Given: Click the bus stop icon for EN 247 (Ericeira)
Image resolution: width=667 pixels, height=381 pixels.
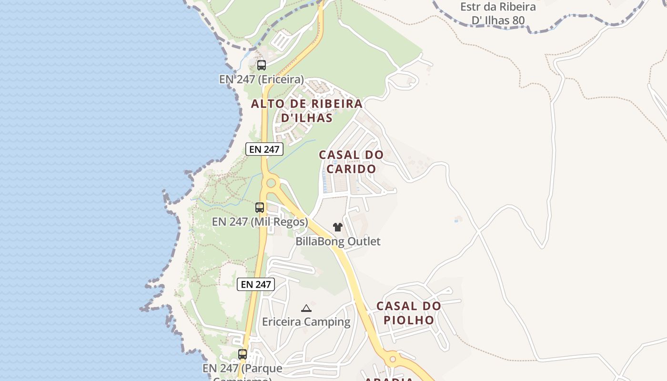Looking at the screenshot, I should tap(261, 65).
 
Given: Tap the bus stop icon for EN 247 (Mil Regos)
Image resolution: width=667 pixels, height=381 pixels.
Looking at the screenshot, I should tap(259, 208).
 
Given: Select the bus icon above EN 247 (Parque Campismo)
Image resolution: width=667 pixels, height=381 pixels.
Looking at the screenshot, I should tap(243, 354).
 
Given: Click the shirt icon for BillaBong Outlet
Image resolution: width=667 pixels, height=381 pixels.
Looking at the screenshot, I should tap(338, 227).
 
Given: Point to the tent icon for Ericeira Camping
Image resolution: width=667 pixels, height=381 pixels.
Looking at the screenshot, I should tap(306, 308).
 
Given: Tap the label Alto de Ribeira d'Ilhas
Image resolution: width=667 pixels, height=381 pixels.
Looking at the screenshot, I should tap(307, 110).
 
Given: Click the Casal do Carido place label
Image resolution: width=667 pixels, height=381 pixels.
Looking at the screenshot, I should tap(351, 161).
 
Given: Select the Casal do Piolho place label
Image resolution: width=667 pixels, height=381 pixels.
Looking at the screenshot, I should tap(409, 312).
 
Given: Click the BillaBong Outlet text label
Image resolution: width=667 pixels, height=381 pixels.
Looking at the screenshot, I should tap(338, 241).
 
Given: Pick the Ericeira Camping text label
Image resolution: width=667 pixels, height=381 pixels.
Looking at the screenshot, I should tap(306, 322).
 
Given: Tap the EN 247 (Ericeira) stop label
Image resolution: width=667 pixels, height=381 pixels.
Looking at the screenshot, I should tap(261, 79).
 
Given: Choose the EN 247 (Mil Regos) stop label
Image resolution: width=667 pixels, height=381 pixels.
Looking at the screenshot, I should tap(260, 222).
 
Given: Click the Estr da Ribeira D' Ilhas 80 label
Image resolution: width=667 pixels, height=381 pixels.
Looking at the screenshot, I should tap(498, 14).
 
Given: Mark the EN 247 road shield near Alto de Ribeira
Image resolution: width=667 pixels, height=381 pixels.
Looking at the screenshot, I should tap(264, 149).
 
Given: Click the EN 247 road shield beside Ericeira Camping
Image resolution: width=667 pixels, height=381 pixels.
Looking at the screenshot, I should tap(256, 284).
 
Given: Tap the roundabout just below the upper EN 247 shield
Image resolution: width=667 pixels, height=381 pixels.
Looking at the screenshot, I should tap(271, 182).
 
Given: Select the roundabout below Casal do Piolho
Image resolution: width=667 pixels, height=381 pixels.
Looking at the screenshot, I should tap(392, 359).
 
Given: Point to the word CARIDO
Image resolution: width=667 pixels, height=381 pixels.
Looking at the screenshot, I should tap(351, 169).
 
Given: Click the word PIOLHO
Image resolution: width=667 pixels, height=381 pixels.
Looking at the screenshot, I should tap(409, 320).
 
